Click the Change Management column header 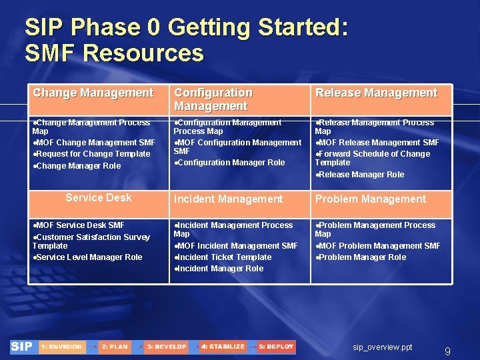93,93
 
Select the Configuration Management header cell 213,99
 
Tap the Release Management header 376,93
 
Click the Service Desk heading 99,197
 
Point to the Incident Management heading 228,199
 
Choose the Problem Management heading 370,199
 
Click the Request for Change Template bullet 93,154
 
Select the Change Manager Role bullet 78,166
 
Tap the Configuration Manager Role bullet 230,163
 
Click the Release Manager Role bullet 361,175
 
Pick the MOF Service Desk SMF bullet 79,225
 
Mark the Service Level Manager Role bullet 89,257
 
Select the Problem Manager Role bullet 361,257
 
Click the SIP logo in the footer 23,347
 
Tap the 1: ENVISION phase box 61,347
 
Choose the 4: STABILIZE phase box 223,347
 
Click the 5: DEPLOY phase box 276,347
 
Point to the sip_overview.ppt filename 383,347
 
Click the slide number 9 447,351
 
